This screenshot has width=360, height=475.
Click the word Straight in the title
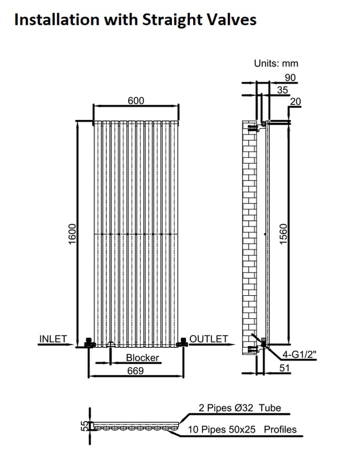[173, 20]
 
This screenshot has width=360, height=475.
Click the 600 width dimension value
[136, 101]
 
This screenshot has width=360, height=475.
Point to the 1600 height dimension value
[72, 234]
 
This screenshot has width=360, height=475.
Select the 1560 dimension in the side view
[283, 234]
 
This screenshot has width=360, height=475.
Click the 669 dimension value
[135, 371]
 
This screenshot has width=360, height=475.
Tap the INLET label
[53, 339]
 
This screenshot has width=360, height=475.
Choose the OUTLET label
[209, 339]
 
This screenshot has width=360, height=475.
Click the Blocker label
[142, 358]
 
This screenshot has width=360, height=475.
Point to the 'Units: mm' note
[276, 63]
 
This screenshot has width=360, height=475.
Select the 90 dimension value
[290, 77]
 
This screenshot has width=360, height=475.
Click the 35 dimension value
[283, 90]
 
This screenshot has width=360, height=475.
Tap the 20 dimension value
[296, 101]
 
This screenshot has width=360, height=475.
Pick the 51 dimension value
[284, 368]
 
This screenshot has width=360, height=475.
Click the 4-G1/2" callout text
[299, 354]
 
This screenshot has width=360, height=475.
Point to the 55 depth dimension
[86, 426]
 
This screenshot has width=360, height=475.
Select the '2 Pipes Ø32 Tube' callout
[240, 408]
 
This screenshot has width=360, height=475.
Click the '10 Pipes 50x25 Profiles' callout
[242, 429]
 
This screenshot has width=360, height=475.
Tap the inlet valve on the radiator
[90, 343]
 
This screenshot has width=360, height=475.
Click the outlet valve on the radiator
[183, 343]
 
